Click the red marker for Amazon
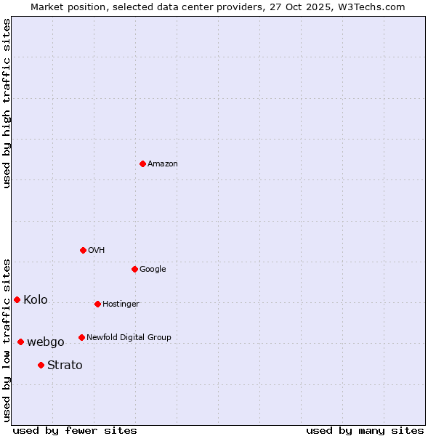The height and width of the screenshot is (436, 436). tap(142, 163)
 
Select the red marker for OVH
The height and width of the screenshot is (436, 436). tap(83, 250)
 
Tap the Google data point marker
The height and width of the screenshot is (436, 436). tap(134, 269)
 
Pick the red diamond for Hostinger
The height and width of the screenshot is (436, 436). tap(97, 304)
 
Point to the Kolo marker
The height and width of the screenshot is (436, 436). tap(17, 299)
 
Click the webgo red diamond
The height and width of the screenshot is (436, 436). tap(20, 342)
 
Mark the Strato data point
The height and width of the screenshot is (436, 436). tap(41, 365)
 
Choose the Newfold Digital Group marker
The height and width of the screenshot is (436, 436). tap(81, 337)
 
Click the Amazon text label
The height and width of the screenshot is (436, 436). tap(163, 164)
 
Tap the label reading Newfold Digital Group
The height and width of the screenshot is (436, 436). tap(129, 337)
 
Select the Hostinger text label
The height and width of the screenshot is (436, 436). tap(121, 304)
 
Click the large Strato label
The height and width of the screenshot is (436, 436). tap(65, 365)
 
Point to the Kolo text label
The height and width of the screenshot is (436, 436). tap(36, 299)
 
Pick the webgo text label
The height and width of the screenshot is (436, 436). tap(46, 342)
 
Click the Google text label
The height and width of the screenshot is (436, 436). tap(153, 269)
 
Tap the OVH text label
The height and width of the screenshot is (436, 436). tap(97, 250)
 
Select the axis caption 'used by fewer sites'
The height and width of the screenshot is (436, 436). tap(75, 430)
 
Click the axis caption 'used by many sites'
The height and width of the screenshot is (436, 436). tap(365, 430)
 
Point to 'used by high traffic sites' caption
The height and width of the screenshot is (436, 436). tap(7, 103)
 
